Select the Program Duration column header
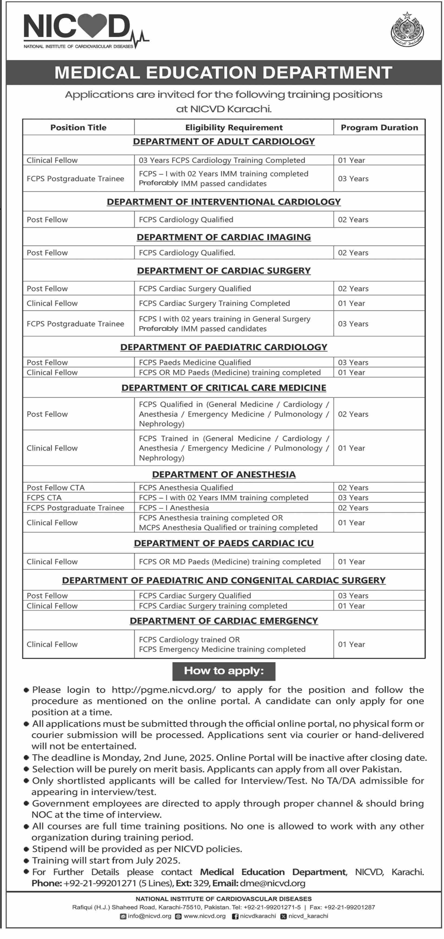(x=379, y=128)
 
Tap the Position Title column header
(x=78, y=128)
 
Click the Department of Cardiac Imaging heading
(x=223, y=237)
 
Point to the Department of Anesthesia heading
(x=223, y=474)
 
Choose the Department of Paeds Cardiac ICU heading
(x=223, y=543)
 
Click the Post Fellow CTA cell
(x=55, y=488)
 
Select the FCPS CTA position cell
(x=44, y=498)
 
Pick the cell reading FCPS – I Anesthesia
(x=174, y=508)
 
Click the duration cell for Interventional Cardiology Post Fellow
(x=353, y=220)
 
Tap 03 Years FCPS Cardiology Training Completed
(x=222, y=160)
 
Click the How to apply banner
(x=223, y=671)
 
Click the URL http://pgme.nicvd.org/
(x=164, y=690)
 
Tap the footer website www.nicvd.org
(x=204, y=916)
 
